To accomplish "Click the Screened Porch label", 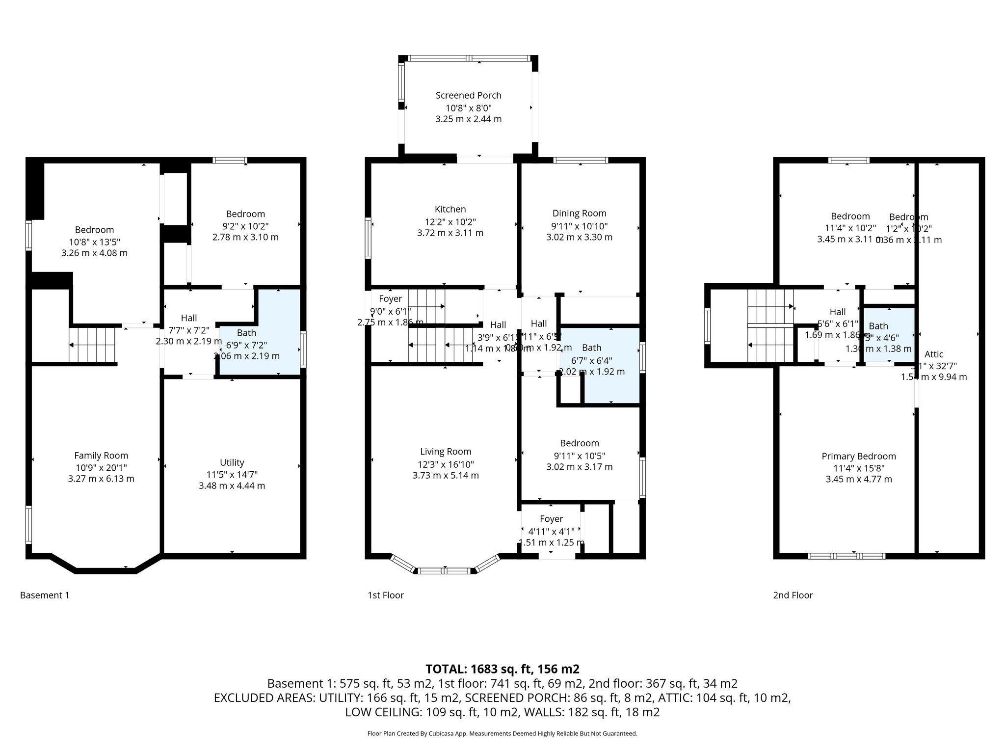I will click(x=468, y=95).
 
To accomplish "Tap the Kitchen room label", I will click(x=450, y=209).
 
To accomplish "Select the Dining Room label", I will click(x=579, y=213).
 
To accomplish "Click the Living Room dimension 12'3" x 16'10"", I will click(x=446, y=464).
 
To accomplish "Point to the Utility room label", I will click(x=232, y=462).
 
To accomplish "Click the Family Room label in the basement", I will click(x=101, y=456).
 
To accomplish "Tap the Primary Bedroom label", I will click(x=858, y=456).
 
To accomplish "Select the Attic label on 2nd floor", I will click(x=933, y=354).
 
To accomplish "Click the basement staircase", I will click(x=92, y=345).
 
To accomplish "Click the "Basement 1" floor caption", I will click(x=45, y=595).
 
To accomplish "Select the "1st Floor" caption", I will click(x=386, y=595).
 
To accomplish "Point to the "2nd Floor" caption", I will click(x=793, y=595).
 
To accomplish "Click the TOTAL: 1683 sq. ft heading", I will click(x=502, y=669).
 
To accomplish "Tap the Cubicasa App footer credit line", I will click(x=502, y=733).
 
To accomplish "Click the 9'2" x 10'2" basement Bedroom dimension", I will click(x=245, y=226).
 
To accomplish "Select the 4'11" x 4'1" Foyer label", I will click(x=551, y=531).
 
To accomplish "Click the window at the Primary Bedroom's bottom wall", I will click(x=846, y=556).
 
